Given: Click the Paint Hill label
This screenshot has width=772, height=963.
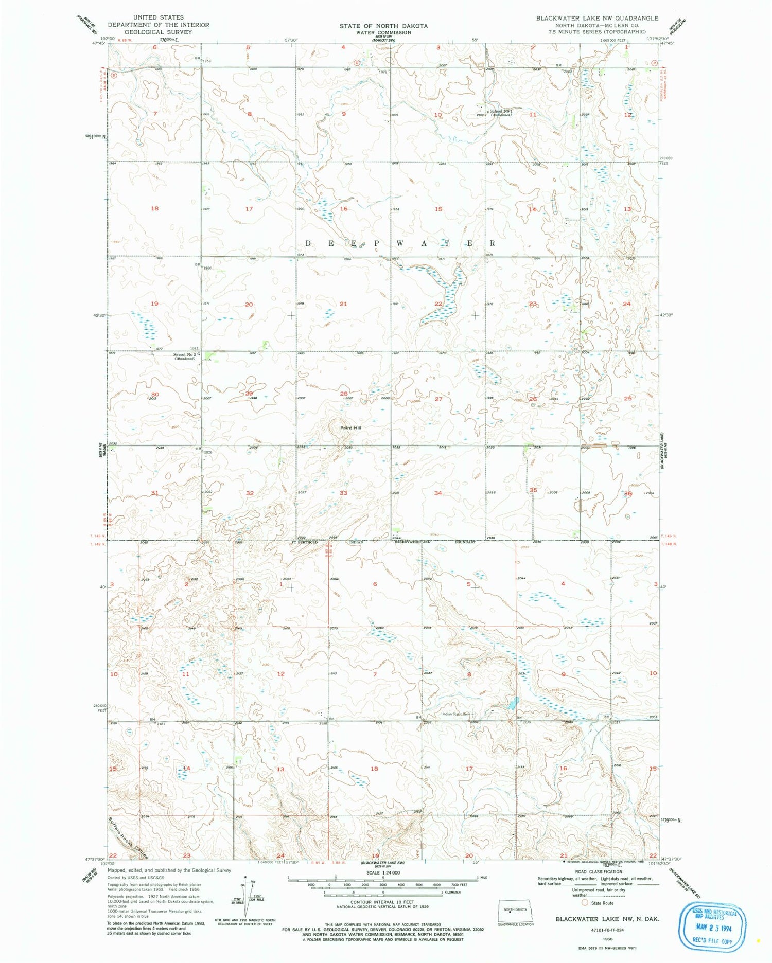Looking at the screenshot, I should (350, 427).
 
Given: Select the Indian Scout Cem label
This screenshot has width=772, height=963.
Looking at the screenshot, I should (456, 714).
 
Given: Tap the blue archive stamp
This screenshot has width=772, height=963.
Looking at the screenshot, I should (715, 923).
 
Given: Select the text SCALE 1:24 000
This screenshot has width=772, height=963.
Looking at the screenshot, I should (383, 873).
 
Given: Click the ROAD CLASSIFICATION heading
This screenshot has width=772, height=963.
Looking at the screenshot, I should (599, 871).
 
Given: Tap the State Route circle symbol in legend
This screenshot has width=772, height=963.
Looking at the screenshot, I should (584, 902).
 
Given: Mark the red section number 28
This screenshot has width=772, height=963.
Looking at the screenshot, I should (343, 394).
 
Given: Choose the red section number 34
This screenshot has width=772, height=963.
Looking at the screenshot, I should (438, 493).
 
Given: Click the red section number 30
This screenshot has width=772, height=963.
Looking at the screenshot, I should (154, 394).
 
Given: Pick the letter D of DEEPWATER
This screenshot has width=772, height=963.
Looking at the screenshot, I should (309, 243).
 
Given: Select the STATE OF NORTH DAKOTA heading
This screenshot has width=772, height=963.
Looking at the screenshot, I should (383, 25).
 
